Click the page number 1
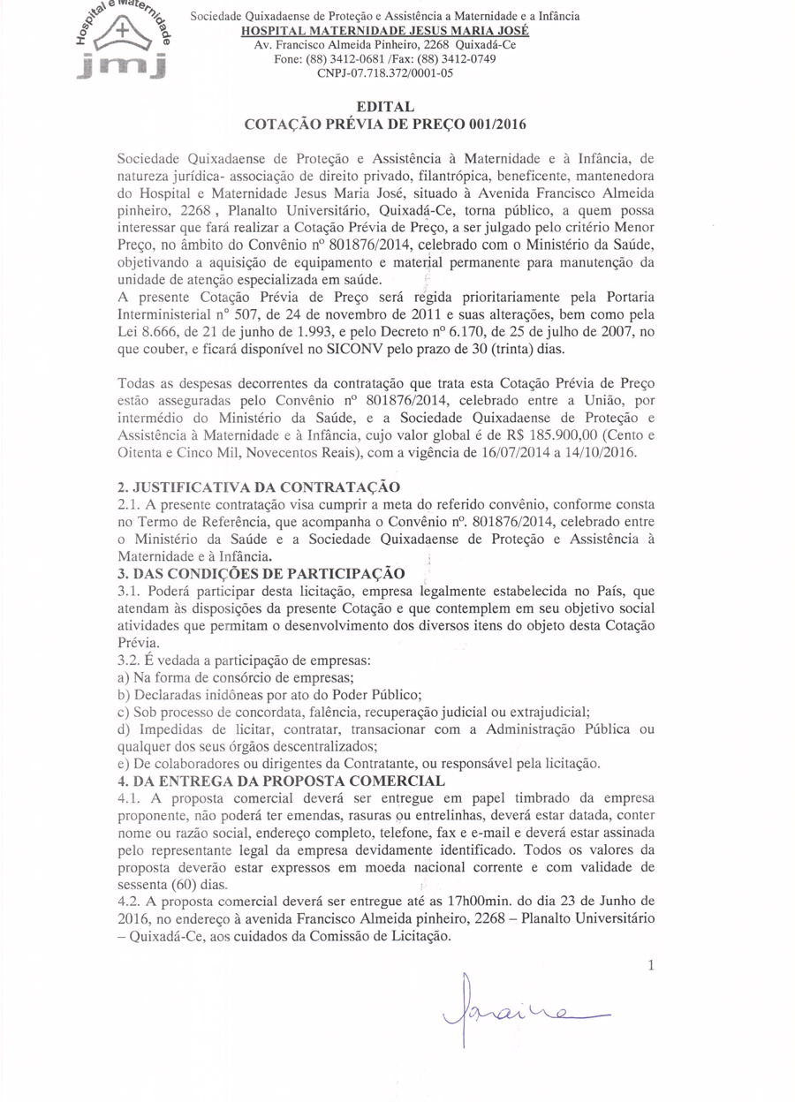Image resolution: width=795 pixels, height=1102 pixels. tap(651, 966)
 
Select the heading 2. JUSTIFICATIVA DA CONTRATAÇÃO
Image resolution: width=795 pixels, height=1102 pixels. tap(259, 487)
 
